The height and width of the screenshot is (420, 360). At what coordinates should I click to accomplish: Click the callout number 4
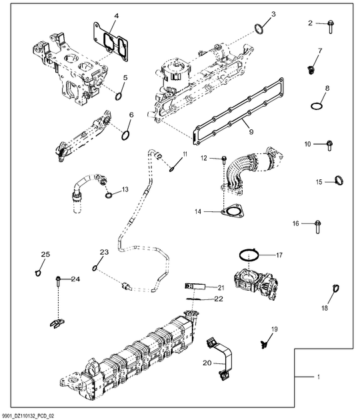[x=116, y=16]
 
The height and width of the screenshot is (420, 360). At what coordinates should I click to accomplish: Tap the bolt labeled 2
[x=329, y=24]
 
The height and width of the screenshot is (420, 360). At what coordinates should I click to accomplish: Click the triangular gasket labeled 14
[x=231, y=212]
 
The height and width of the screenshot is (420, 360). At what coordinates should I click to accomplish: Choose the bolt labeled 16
[x=317, y=224]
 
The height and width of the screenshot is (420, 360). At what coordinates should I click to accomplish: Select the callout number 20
[x=206, y=363]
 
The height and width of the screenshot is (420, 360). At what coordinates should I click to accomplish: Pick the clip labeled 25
[x=37, y=271]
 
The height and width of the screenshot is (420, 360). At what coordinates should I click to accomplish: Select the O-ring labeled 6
[x=125, y=135]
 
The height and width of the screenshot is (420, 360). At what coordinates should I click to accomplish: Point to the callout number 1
[x=319, y=378]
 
